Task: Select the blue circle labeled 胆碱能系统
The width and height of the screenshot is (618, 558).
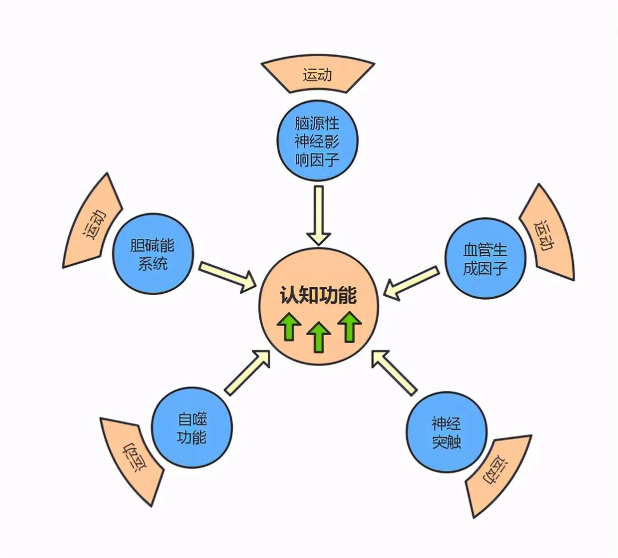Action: [152, 256]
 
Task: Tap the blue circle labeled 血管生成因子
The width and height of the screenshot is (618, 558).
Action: [485, 259]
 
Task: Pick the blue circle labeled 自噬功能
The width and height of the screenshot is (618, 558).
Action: [192, 429]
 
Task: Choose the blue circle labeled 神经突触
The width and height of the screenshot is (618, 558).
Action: [446, 433]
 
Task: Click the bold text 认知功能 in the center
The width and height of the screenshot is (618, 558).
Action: [318, 296]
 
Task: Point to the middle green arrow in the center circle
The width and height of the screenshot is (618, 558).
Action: [319, 337]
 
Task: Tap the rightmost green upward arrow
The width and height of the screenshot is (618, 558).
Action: [348, 327]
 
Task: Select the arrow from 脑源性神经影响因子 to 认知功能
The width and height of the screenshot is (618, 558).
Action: [318, 215]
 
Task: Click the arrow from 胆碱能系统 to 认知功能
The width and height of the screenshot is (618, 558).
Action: [227, 276]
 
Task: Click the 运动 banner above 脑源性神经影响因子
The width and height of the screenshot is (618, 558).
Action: [318, 75]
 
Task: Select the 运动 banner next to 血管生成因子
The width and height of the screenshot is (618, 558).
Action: [545, 234]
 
